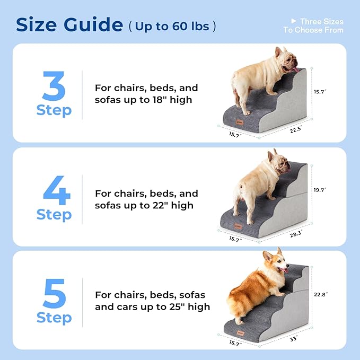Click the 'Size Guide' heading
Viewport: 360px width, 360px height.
coord(69,24)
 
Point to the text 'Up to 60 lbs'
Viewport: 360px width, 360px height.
coord(173,27)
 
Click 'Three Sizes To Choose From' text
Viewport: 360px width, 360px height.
coord(313,25)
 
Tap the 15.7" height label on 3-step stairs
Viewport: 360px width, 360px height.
coord(320,92)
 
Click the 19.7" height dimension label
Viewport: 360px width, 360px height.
coord(320,190)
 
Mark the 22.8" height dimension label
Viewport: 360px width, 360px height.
coord(320,295)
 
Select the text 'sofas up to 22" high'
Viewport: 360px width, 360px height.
coord(143,205)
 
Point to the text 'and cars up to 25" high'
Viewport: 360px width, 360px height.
coord(152,306)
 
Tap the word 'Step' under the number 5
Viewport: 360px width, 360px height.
coord(54,318)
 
